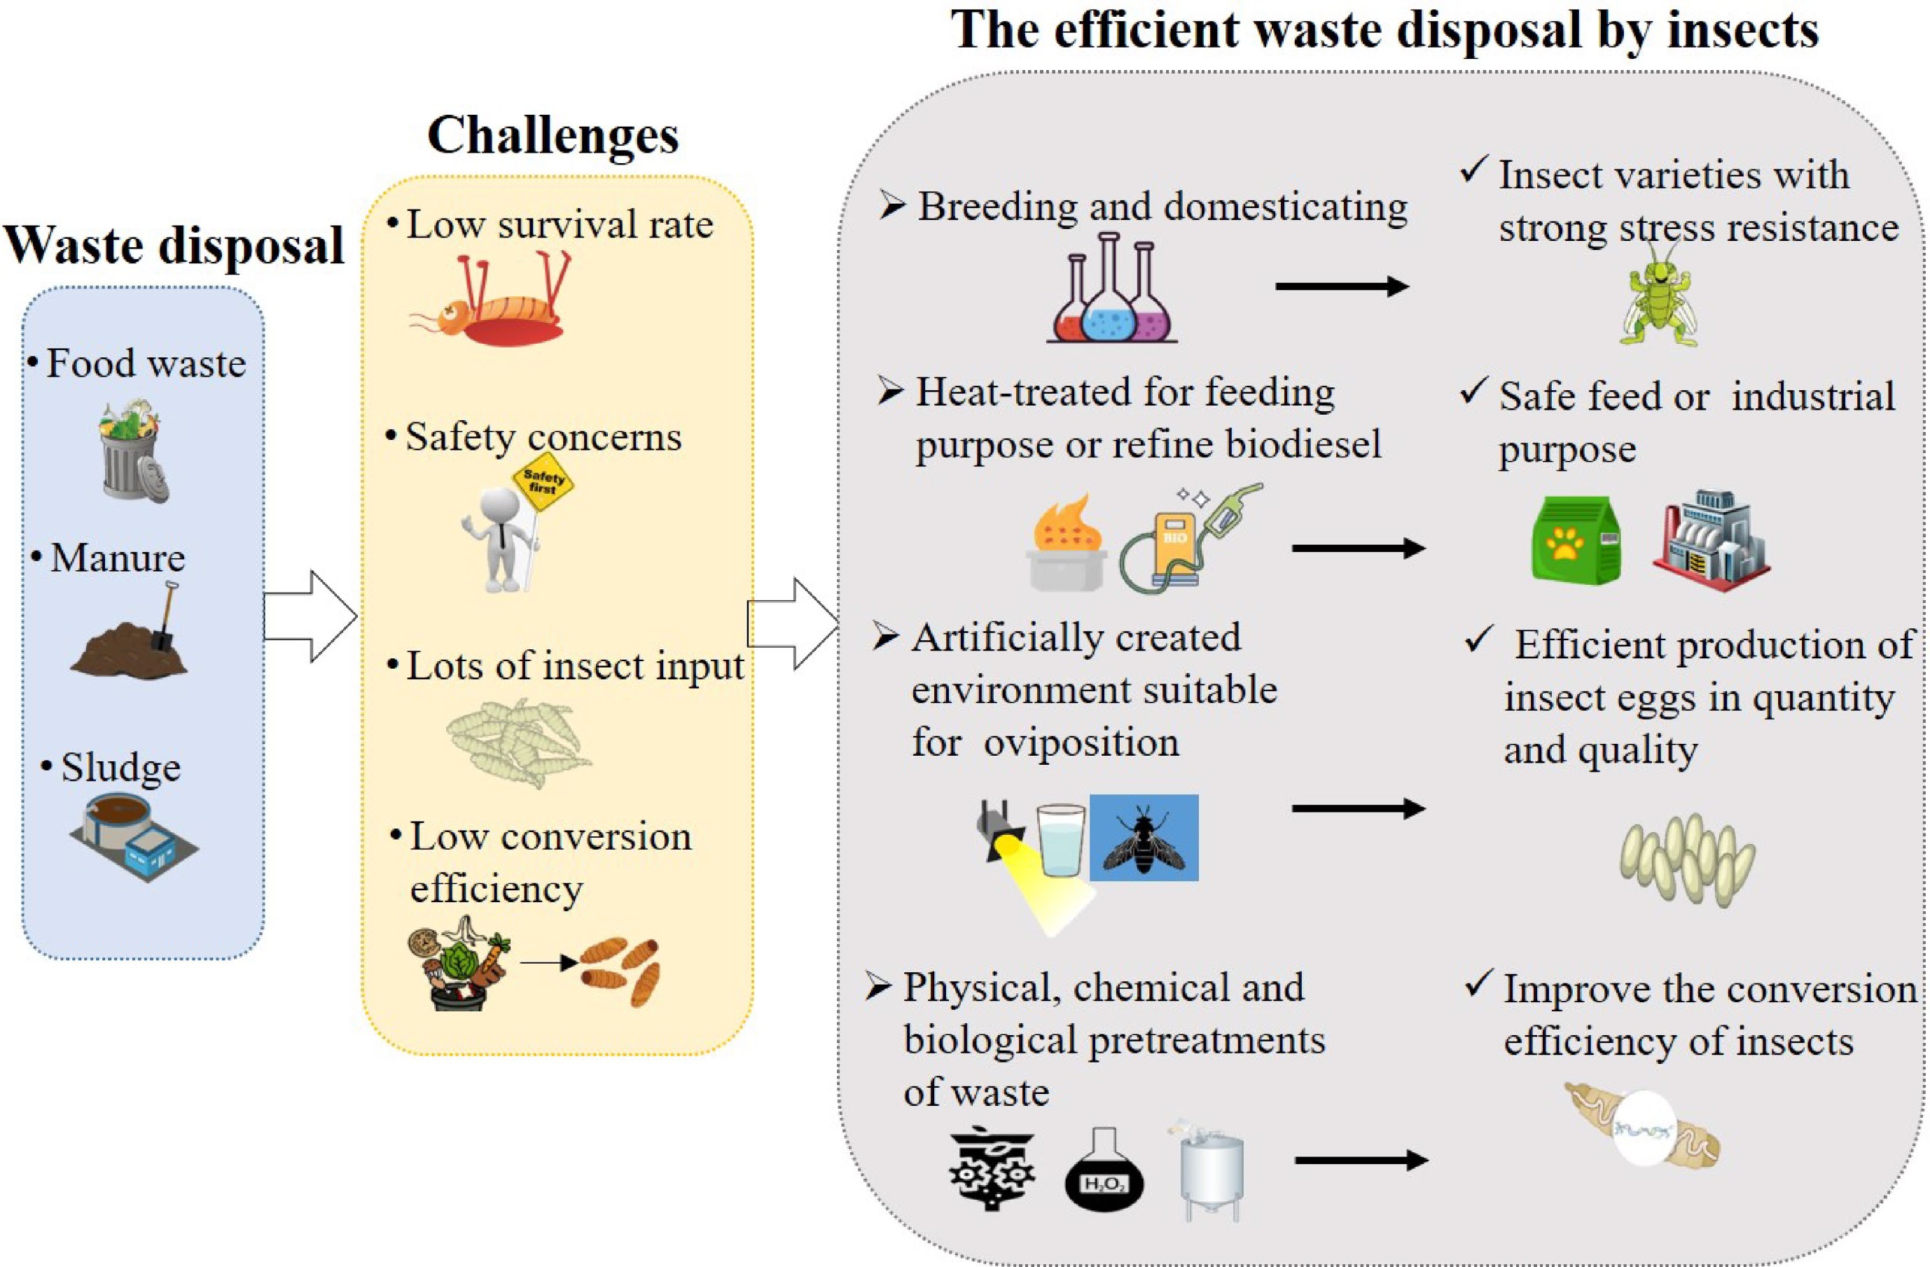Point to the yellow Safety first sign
click(x=543, y=483)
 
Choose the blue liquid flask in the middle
click(x=1110, y=304)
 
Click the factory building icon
click(x=1711, y=539)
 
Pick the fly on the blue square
click(x=1144, y=838)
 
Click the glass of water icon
click(x=1060, y=840)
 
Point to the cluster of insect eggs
click(x=1687, y=860)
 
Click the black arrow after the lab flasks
click(x=1342, y=286)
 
